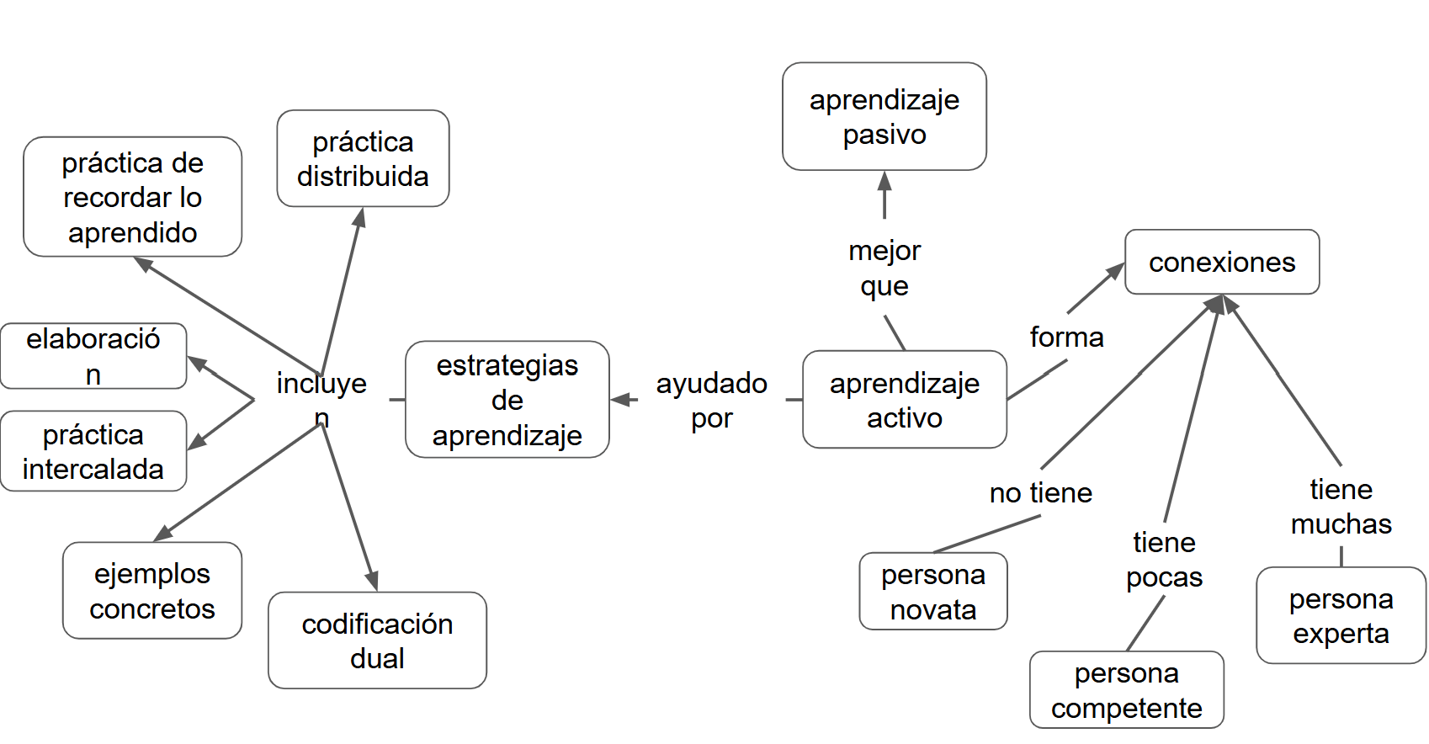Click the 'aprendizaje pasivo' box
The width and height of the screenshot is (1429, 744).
884,116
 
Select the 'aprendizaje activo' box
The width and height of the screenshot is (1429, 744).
904,400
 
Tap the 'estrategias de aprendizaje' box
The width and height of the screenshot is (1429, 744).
507,400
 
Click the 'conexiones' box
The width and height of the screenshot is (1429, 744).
1221,262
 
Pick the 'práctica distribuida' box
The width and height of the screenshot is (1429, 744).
363,158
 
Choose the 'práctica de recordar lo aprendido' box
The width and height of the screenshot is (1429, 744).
132,197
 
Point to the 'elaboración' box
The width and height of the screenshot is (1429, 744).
93,356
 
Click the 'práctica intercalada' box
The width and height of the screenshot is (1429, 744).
93,451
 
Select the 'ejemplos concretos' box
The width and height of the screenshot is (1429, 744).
151,590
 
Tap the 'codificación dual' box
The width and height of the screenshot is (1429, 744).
377,640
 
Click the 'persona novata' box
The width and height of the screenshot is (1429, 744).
932,591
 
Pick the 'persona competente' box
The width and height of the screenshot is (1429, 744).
1126,689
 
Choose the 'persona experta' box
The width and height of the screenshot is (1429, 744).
1341,615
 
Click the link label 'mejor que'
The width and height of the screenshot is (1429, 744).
884,268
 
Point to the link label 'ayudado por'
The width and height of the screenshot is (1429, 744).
711,400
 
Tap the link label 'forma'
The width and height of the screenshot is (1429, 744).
1066,337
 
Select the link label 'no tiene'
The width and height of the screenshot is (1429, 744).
1040,492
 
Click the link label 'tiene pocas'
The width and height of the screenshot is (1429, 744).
1164,560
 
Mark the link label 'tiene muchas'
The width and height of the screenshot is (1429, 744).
1341,506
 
